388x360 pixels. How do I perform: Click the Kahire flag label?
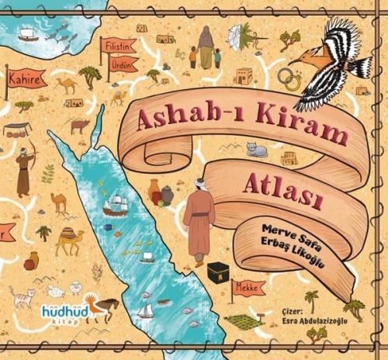click(24, 78)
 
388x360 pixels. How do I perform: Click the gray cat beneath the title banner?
click(256, 150)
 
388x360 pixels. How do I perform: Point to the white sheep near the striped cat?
click(55, 291)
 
